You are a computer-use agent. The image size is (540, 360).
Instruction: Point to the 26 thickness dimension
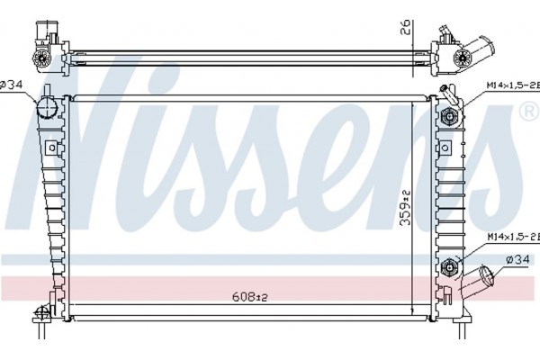coord(407,28)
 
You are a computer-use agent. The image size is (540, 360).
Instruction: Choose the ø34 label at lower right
coord(517,260)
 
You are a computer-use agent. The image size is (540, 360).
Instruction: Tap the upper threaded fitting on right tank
coord(452,115)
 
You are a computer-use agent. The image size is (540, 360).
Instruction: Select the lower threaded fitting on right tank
coord(452,266)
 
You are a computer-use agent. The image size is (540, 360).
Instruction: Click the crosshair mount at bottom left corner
coord(40,315)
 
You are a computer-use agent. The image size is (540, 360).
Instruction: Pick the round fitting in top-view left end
coord(40,59)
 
